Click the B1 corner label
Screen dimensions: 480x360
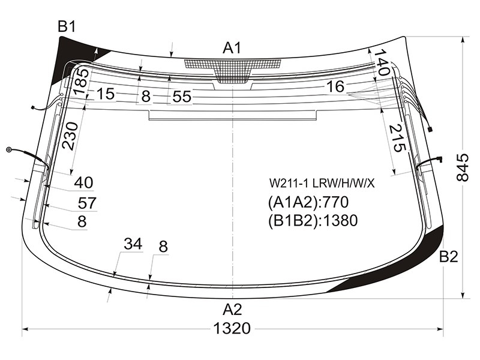67,26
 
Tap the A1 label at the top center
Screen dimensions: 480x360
232,48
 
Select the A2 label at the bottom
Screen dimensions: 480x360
232,310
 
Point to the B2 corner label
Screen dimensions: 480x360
448,257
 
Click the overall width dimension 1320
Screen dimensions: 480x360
232,328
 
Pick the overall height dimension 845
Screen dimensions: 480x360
462,167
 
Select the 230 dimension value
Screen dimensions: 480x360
70,136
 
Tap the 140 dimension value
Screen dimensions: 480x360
382,62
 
